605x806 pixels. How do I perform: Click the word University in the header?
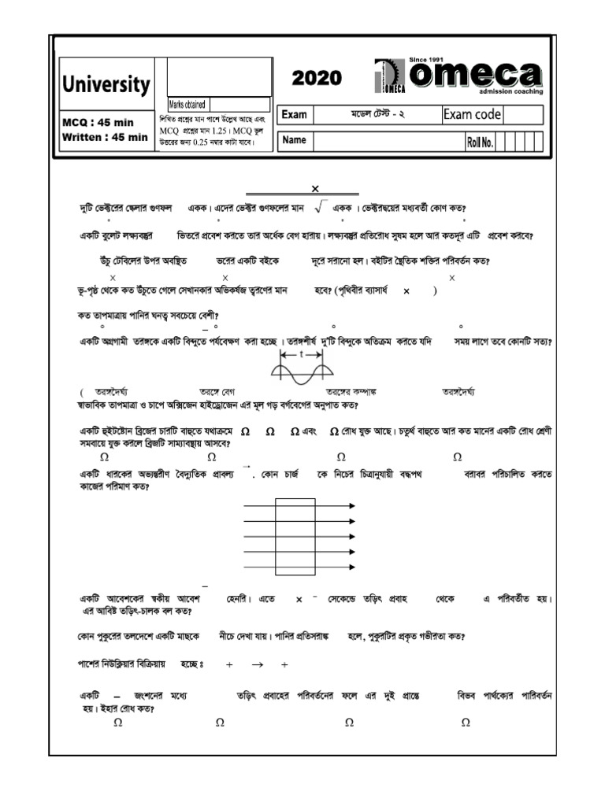pyautogui.click(x=106, y=84)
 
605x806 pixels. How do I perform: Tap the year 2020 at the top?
pyautogui.click(x=317, y=77)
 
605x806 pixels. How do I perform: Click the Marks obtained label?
pyautogui.click(x=187, y=104)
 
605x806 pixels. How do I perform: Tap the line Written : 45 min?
pyautogui.click(x=105, y=136)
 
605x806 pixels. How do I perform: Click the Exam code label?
pyautogui.click(x=472, y=115)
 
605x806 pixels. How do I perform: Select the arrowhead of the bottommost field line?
pyautogui.click(x=351, y=567)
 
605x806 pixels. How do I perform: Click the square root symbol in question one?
pyautogui.click(x=320, y=207)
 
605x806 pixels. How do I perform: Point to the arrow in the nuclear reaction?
pyautogui.click(x=256, y=664)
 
